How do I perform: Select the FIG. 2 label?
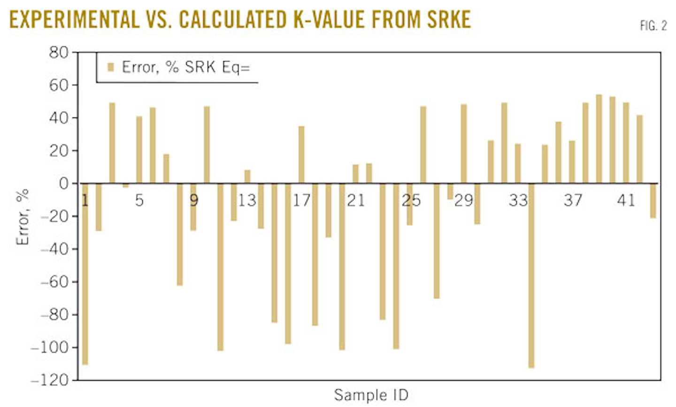(653, 26)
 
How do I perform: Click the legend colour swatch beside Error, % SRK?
(111, 67)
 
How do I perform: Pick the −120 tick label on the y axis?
(50, 380)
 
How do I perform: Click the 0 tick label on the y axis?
(63, 183)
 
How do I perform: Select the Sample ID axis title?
(371, 395)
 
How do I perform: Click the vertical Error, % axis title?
(23, 217)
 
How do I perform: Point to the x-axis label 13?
(247, 201)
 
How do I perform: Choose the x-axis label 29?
(464, 201)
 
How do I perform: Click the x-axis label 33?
(518, 201)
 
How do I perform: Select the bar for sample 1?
(85, 274)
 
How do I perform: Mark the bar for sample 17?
(301, 155)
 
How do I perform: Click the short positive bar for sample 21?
(355, 174)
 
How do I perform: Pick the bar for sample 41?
(626, 143)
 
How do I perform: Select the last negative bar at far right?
(653, 201)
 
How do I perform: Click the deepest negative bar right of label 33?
(531, 275)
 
